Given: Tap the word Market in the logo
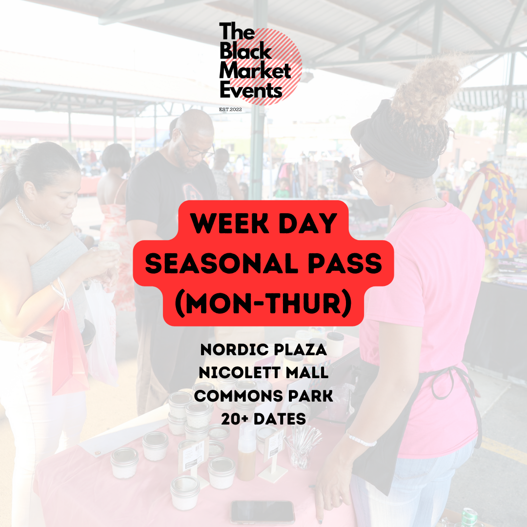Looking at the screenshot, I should click(x=255, y=71).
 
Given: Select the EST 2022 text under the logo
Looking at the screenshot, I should click(x=231, y=110).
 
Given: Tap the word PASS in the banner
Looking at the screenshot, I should click(x=348, y=264).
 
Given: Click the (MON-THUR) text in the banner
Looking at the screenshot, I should click(x=263, y=304).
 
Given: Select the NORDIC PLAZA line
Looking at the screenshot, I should click(x=263, y=350).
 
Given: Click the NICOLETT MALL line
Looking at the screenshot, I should click(x=263, y=373).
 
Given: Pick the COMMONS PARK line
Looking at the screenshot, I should click(x=263, y=396).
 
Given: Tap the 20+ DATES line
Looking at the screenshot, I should click(x=263, y=418).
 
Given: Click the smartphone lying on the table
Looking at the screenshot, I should click(x=263, y=511).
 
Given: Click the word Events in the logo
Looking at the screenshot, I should click(x=251, y=90).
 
